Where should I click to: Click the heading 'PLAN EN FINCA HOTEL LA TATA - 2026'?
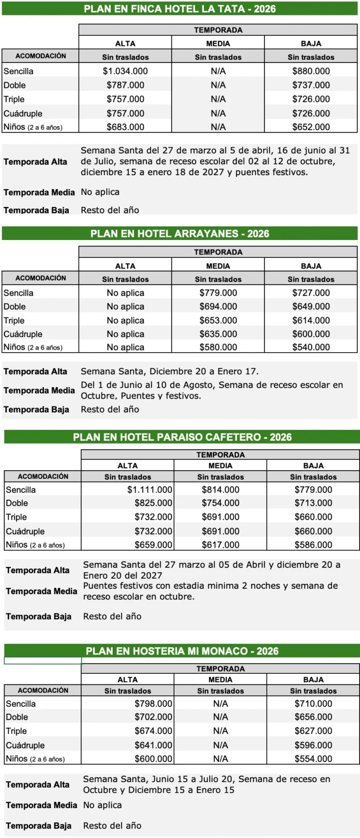point(180,8)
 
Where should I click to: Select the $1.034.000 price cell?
point(125,71)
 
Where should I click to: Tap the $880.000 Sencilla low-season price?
point(311,71)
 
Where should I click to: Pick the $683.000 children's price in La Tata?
point(125,127)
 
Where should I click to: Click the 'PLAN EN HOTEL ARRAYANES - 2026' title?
point(180,233)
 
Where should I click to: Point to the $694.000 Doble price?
point(218,306)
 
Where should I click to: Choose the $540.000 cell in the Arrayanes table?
point(311,347)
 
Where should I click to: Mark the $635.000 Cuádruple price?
point(218,334)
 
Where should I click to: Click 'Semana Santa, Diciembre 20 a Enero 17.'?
point(170,371)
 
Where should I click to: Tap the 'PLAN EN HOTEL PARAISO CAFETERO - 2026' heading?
point(182,437)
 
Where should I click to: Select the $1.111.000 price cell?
point(150,490)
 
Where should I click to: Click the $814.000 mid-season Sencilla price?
point(220,490)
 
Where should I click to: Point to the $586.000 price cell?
point(313,545)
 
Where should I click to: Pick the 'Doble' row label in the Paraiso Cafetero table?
point(17,503)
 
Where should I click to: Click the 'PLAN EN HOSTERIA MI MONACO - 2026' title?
point(182,651)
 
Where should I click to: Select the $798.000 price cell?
point(153,704)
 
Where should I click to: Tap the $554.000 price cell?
point(313,759)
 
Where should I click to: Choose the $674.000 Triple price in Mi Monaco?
point(153,731)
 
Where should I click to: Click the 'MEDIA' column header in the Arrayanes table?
point(218,266)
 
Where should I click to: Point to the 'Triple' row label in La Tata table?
point(14,99)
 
